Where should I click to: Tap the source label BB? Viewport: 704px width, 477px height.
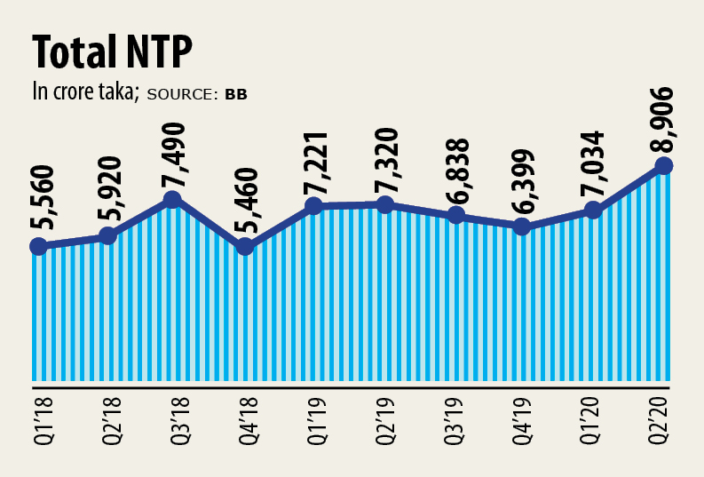coord(236,93)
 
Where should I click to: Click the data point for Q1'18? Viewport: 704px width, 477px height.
coord(37,246)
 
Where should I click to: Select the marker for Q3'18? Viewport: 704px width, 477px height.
coord(175,200)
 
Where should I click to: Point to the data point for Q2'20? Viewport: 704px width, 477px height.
coord(662,165)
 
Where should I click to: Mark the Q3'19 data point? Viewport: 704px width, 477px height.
coord(455,215)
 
